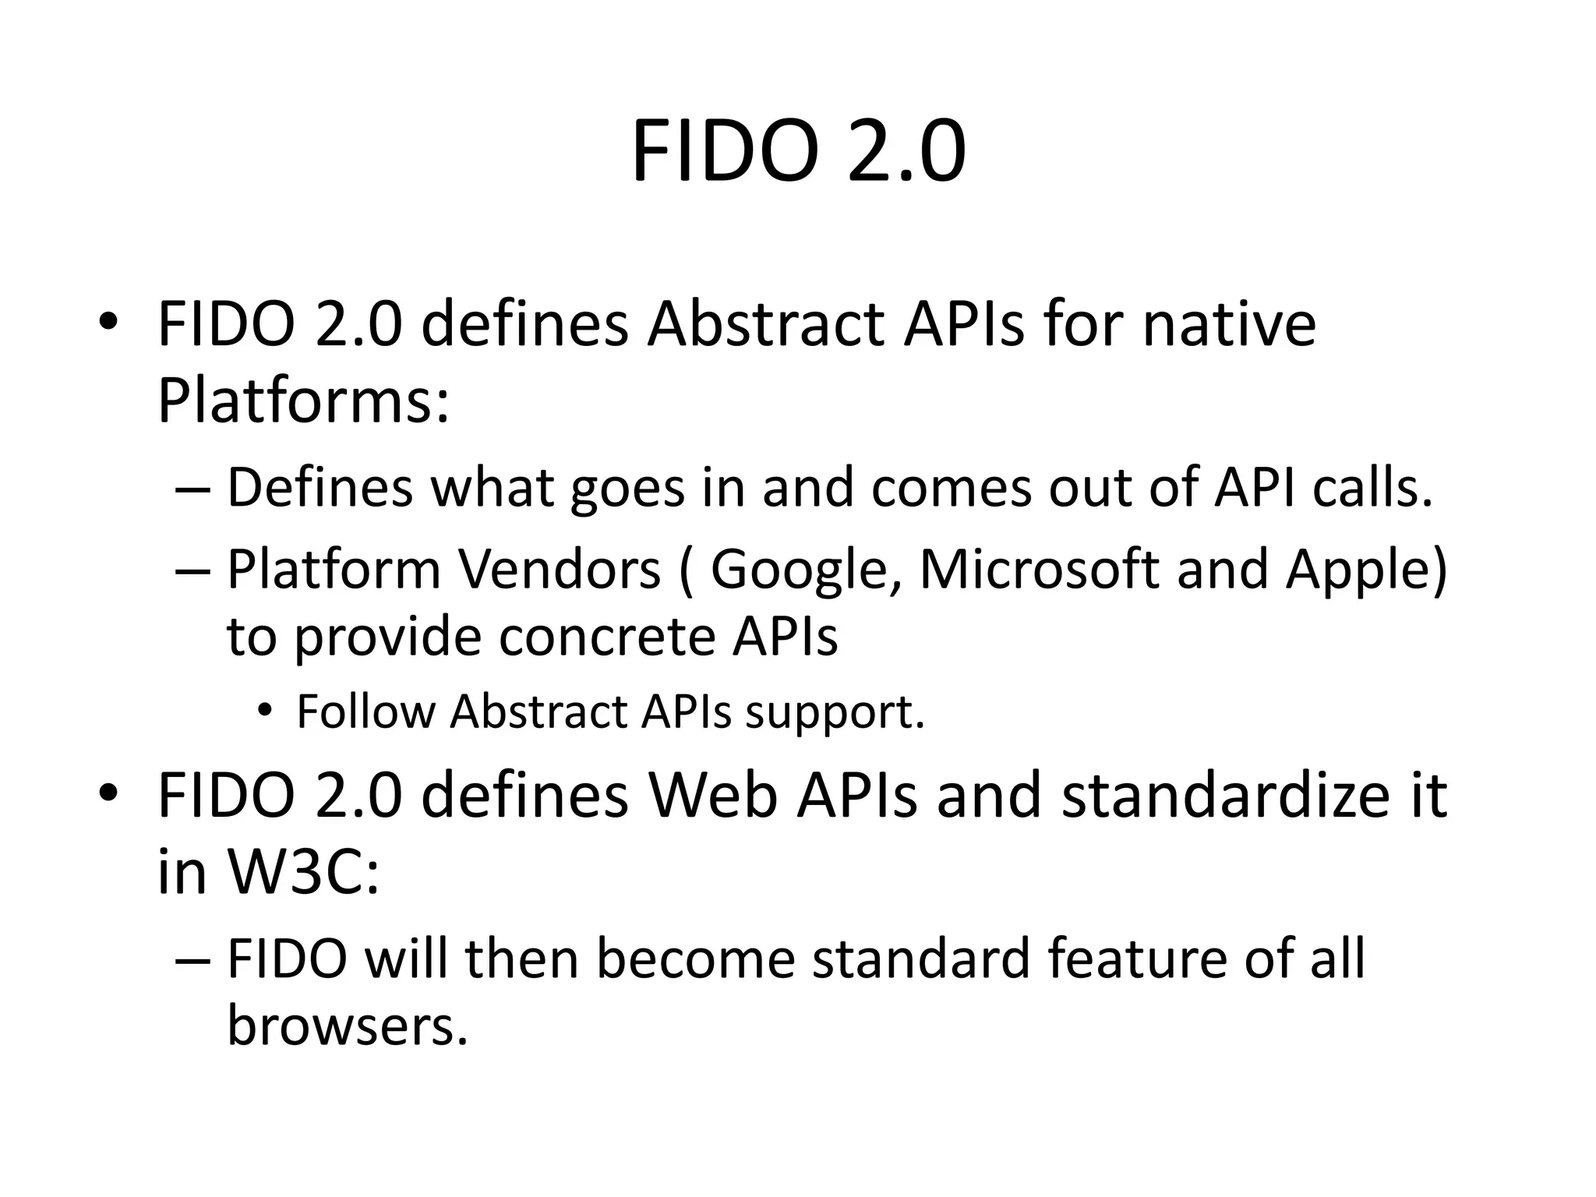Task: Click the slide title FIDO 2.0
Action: (x=798, y=152)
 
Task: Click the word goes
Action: (x=627, y=487)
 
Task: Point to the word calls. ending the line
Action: (x=1372, y=487)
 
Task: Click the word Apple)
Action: (x=1365, y=570)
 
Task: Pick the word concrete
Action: (x=606, y=637)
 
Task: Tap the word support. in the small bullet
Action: (x=835, y=712)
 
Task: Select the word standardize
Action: (x=1226, y=796)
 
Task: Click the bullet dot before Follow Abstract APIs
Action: (x=266, y=711)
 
